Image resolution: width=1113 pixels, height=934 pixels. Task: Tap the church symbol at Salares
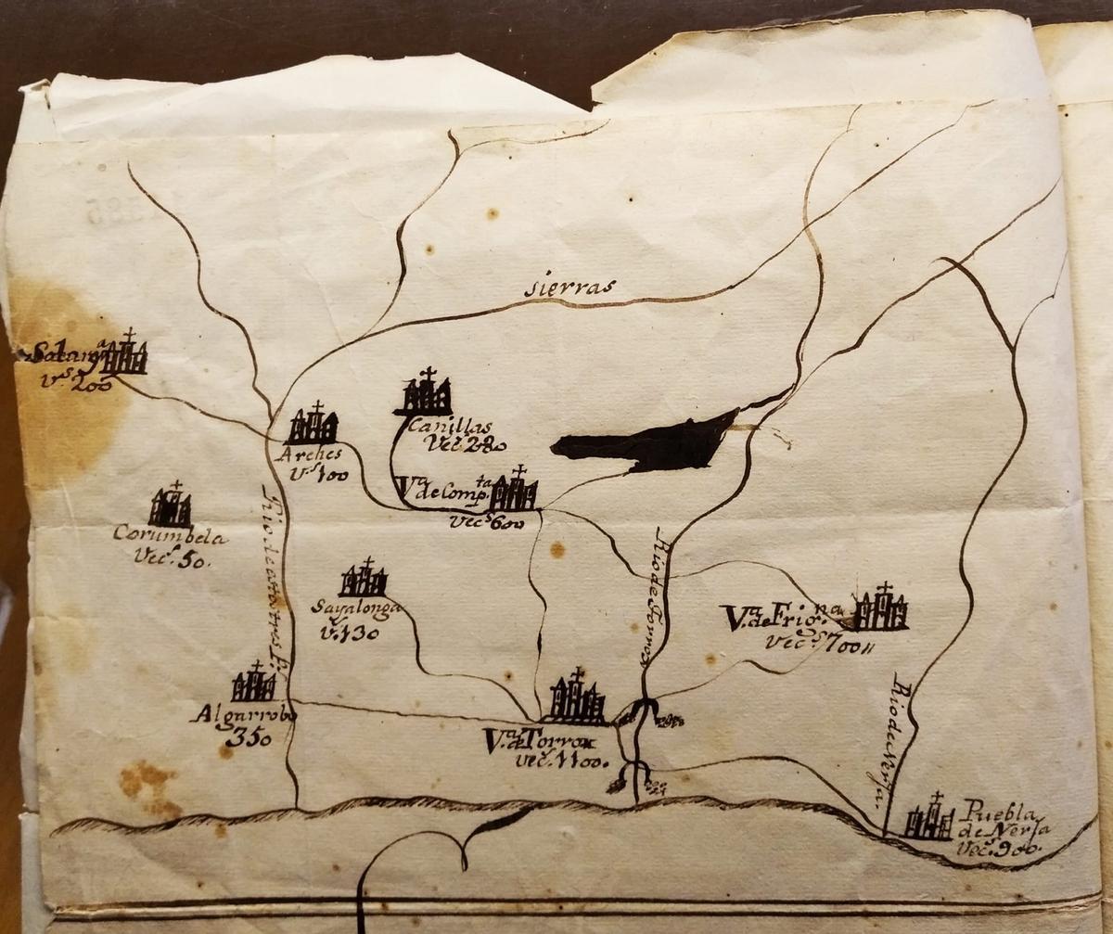click(123, 355)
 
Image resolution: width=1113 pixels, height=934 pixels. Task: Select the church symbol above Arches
click(313, 425)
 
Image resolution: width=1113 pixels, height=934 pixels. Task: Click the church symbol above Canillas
click(425, 393)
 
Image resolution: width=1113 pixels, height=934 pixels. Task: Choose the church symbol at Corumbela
click(171, 506)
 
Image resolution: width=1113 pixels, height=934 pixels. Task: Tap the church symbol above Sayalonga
click(363, 580)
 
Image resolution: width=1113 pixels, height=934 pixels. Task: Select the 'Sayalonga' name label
click(357, 609)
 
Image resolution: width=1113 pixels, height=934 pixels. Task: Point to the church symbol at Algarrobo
click(254, 685)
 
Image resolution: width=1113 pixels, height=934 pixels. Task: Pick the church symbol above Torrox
click(576, 698)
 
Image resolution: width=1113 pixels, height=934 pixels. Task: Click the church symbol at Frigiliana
click(880, 609)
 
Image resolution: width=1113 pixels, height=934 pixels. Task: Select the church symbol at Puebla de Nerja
click(929, 820)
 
